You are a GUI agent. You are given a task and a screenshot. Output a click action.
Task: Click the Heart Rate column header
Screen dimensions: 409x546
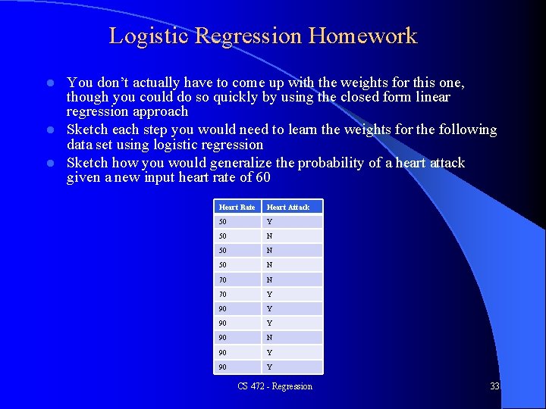click(237, 207)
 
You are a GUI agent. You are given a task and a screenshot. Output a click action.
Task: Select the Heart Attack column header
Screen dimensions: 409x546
click(288, 207)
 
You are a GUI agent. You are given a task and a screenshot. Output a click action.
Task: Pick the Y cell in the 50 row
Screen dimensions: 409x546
click(269, 221)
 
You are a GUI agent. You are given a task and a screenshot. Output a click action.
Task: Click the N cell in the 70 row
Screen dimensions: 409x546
click(269, 279)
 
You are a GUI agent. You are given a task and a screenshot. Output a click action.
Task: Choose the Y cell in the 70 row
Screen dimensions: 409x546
click(269, 294)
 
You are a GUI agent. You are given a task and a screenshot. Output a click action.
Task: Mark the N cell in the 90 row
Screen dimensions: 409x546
click(269, 338)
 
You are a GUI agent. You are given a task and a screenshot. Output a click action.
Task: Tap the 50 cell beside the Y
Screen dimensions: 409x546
click(222, 221)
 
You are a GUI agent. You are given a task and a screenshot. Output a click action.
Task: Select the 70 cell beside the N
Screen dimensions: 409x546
click(222, 279)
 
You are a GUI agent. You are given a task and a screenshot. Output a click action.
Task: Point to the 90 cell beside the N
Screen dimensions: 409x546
click(222, 338)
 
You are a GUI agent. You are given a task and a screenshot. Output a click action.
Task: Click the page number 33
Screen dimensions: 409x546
click(494, 386)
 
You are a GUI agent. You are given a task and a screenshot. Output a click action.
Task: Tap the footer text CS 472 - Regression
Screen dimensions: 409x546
click(275, 386)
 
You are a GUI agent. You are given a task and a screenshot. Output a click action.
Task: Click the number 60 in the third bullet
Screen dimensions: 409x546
click(262, 178)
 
